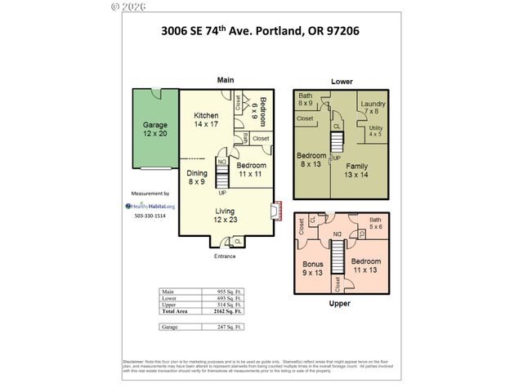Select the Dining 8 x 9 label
pyautogui.click(x=197, y=176)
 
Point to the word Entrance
pyautogui.click(x=225, y=256)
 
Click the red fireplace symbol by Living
pyautogui.click(x=277, y=211)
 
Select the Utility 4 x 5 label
pyautogui.click(x=376, y=131)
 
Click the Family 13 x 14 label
pyautogui.click(x=356, y=170)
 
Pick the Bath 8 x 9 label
pyautogui.click(x=306, y=100)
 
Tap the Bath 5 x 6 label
pyautogui.click(x=375, y=224)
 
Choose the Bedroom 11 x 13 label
pyautogui.click(x=365, y=265)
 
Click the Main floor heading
pyautogui.click(x=226, y=80)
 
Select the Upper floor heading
pyautogui.click(x=341, y=304)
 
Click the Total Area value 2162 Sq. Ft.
pyautogui.click(x=226, y=311)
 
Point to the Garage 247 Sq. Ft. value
pyautogui.click(x=226, y=327)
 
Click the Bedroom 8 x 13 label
pyautogui.click(x=311, y=159)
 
